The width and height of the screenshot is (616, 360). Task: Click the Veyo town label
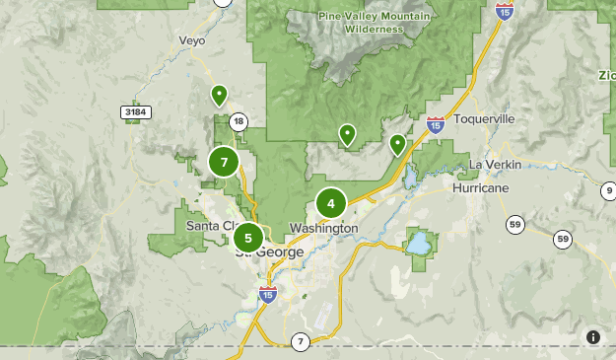point(191,40)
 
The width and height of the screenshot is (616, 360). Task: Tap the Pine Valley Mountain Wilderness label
point(361,23)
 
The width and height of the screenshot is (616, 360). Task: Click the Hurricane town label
point(481,187)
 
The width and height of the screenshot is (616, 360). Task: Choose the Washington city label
point(322,228)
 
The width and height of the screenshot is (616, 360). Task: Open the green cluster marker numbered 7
point(225,162)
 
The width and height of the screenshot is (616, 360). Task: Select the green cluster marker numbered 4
point(331,204)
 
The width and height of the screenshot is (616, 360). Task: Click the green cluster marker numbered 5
point(248,237)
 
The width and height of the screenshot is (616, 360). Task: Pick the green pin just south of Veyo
point(219,95)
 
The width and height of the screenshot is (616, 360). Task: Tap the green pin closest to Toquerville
point(397,144)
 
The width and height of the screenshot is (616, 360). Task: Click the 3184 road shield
point(135,113)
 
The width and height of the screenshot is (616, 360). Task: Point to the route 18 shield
point(238,121)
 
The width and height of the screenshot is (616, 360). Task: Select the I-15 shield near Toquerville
point(435,124)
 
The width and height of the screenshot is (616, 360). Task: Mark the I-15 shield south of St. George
point(267,293)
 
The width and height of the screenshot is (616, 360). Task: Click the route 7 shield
point(300,341)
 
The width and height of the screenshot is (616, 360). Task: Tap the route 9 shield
point(608,189)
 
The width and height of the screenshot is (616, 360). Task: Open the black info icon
point(593,337)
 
